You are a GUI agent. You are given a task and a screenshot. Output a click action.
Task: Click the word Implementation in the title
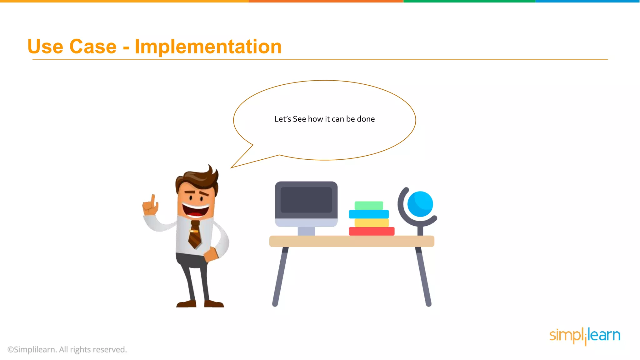tap(208, 47)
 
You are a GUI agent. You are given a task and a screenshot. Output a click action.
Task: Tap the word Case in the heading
tap(93, 47)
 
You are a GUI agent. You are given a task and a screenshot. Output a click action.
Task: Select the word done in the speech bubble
tap(366, 119)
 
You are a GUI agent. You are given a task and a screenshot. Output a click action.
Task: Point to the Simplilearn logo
tap(585, 336)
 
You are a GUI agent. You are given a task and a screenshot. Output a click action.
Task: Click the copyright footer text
tap(67, 349)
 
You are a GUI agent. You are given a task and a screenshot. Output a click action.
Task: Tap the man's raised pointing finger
tap(153, 200)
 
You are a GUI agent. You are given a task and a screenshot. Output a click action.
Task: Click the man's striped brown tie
tap(195, 234)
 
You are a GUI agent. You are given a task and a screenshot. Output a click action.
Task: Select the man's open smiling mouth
tap(196, 210)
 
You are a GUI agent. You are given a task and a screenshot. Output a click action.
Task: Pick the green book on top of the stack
tap(369, 206)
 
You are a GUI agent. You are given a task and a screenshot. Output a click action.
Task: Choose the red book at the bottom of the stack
tap(372, 231)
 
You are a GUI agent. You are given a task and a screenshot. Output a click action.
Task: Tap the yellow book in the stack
tap(372, 223)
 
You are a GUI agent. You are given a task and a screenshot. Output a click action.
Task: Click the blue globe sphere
tap(420, 204)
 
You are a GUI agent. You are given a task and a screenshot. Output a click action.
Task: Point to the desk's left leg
tap(280, 277)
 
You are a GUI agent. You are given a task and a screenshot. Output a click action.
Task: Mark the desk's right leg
tap(424, 277)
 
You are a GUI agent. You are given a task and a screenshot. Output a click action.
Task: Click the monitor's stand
tap(306, 231)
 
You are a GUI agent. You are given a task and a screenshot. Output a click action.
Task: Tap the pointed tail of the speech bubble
tap(237, 164)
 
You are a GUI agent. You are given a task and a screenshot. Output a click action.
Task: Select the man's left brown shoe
tap(186, 304)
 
